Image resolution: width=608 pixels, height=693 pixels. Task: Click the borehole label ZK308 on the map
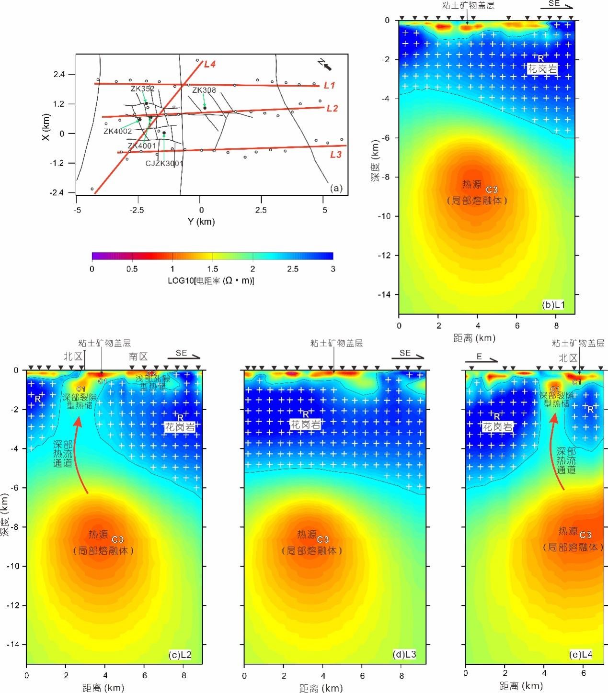click(204, 90)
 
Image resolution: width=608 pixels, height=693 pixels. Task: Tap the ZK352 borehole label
click(142, 89)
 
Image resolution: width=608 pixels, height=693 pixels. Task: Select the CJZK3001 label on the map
click(164, 163)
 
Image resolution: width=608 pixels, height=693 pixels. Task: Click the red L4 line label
click(210, 64)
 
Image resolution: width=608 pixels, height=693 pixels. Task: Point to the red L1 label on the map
click(329, 85)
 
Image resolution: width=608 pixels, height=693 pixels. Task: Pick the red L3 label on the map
click(335, 155)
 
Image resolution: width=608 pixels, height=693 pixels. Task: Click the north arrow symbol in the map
click(325, 64)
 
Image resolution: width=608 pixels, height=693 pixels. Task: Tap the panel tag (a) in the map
click(336, 188)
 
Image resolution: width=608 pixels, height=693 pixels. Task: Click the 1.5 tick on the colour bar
click(213, 269)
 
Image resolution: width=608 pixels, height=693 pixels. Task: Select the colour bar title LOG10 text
click(211, 280)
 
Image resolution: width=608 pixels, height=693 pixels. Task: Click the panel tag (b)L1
click(555, 304)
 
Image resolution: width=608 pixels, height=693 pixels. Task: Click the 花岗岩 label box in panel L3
click(306, 424)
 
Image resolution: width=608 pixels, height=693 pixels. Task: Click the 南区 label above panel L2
click(138, 357)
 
